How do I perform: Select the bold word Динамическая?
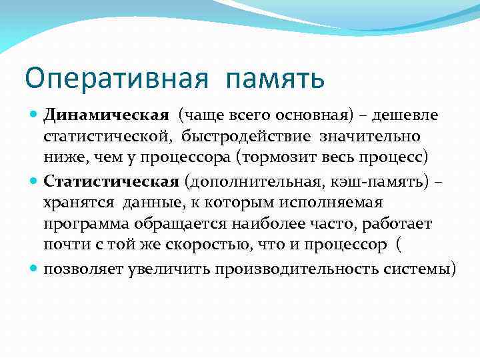point(106,115)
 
